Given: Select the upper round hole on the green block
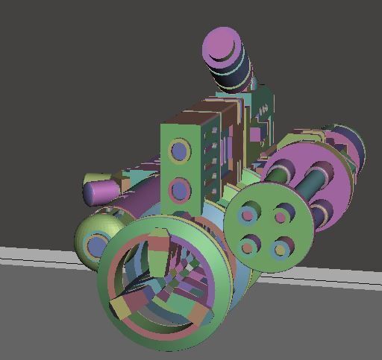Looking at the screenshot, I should coord(180,151).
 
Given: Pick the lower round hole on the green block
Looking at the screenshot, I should coord(180,190).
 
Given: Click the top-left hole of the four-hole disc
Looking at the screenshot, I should coord(247,215).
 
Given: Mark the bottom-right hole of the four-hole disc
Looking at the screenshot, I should coord(284,247).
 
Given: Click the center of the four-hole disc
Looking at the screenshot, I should coord(266,230).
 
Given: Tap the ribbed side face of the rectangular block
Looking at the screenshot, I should coord(212,153).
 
